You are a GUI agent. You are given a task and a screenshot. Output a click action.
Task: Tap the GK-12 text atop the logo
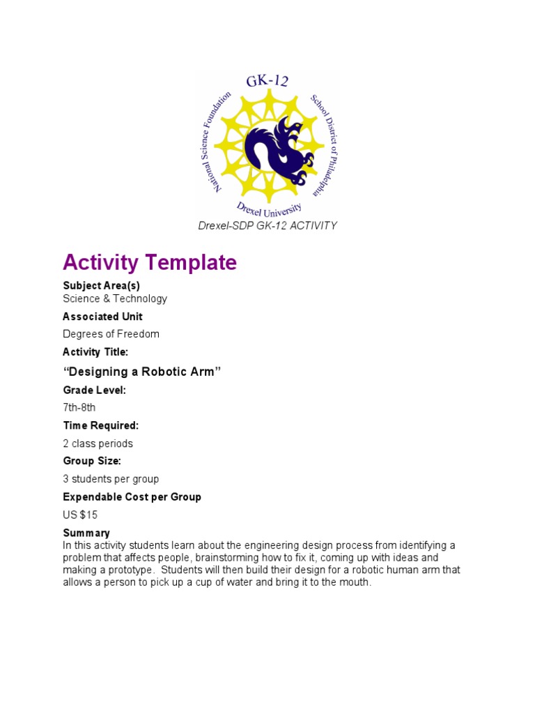click(267, 82)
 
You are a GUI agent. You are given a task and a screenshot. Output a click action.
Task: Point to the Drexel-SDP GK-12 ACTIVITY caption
click(267, 225)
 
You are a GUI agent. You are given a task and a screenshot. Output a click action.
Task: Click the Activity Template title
click(150, 263)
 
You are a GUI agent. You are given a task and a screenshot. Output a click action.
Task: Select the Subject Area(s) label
click(106, 285)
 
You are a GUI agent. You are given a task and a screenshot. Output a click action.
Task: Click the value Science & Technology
click(115, 298)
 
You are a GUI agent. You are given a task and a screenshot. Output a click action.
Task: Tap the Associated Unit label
click(102, 317)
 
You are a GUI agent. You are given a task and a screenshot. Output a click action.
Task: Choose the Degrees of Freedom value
click(111, 334)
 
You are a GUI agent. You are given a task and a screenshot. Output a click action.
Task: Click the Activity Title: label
click(95, 352)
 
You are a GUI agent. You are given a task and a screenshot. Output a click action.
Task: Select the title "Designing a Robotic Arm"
click(142, 372)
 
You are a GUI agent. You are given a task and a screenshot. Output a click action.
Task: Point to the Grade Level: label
click(94, 390)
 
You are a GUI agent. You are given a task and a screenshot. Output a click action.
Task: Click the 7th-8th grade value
click(79, 407)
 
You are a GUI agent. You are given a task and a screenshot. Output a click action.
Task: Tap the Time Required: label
click(101, 425)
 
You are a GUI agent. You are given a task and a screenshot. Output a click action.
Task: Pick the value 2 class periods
click(98, 443)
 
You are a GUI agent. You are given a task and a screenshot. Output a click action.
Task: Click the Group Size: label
click(92, 461)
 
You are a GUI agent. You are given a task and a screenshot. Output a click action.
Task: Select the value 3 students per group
click(111, 479)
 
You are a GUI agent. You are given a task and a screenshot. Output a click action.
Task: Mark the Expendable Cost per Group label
click(132, 497)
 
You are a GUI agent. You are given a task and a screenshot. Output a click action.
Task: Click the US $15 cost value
click(80, 515)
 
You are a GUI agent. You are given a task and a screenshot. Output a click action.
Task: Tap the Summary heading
click(86, 533)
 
